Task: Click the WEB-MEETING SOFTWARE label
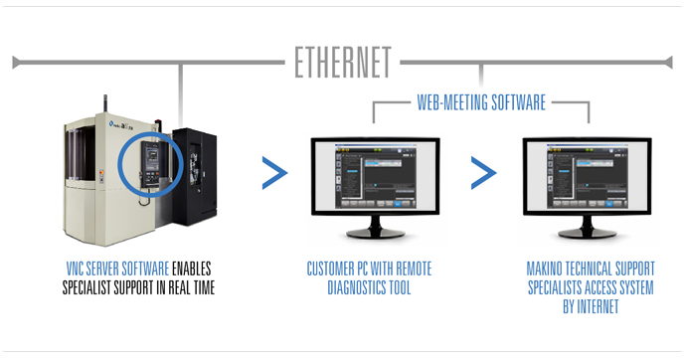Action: point(480,101)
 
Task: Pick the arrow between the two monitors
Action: point(483,173)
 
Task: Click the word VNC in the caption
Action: point(75,269)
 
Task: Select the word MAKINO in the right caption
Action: point(550,269)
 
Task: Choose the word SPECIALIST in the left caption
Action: point(88,286)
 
